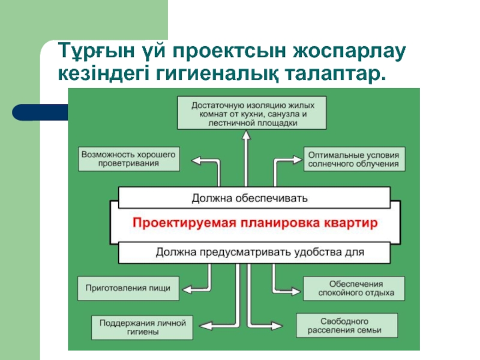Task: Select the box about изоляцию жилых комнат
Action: (x=252, y=113)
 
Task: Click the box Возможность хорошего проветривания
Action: (x=129, y=159)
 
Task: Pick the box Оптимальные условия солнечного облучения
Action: (x=353, y=159)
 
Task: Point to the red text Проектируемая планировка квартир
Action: (x=254, y=223)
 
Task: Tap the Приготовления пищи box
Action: (x=128, y=288)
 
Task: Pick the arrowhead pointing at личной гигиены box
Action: (x=199, y=325)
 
